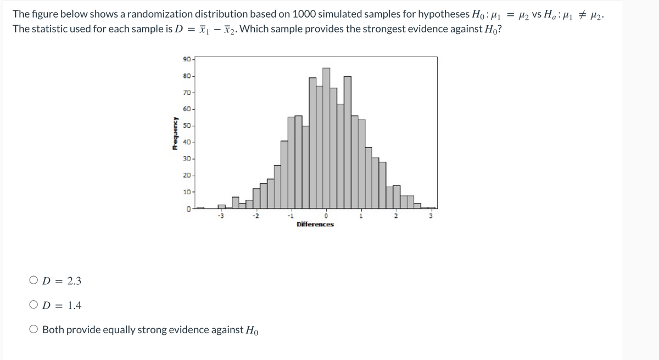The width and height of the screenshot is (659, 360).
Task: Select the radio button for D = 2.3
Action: coord(34,281)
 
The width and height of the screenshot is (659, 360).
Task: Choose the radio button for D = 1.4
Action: coord(34,306)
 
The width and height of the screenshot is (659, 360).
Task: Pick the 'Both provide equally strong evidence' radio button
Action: coord(34,330)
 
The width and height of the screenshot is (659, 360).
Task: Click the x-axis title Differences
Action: coord(315,224)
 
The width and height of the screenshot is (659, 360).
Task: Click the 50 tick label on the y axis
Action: coord(187,126)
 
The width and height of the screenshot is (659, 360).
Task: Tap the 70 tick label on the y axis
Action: coord(187,93)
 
